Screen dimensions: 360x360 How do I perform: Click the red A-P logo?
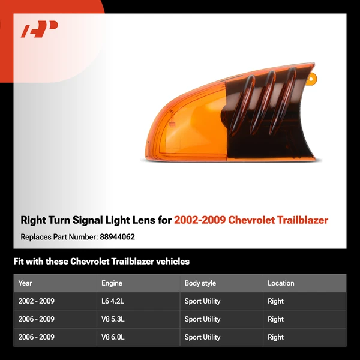(x=40, y=29)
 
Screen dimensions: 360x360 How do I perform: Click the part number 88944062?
(x=116, y=237)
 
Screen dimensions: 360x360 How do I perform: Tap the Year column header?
(x=25, y=283)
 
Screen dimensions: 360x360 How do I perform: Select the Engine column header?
(x=112, y=283)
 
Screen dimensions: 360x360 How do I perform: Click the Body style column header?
(x=200, y=283)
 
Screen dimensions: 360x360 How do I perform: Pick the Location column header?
(x=281, y=283)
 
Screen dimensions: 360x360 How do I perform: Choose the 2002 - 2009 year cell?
(x=36, y=301)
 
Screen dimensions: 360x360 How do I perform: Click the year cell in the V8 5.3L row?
(x=36, y=319)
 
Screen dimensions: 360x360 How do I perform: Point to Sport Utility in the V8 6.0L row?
(x=202, y=337)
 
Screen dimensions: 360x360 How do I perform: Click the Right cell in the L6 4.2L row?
(x=275, y=301)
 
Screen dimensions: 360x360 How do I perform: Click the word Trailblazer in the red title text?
(x=301, y=220)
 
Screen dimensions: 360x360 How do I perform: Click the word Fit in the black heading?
(x=19, y=262)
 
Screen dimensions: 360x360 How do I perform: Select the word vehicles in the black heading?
(x=171, y=262)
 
